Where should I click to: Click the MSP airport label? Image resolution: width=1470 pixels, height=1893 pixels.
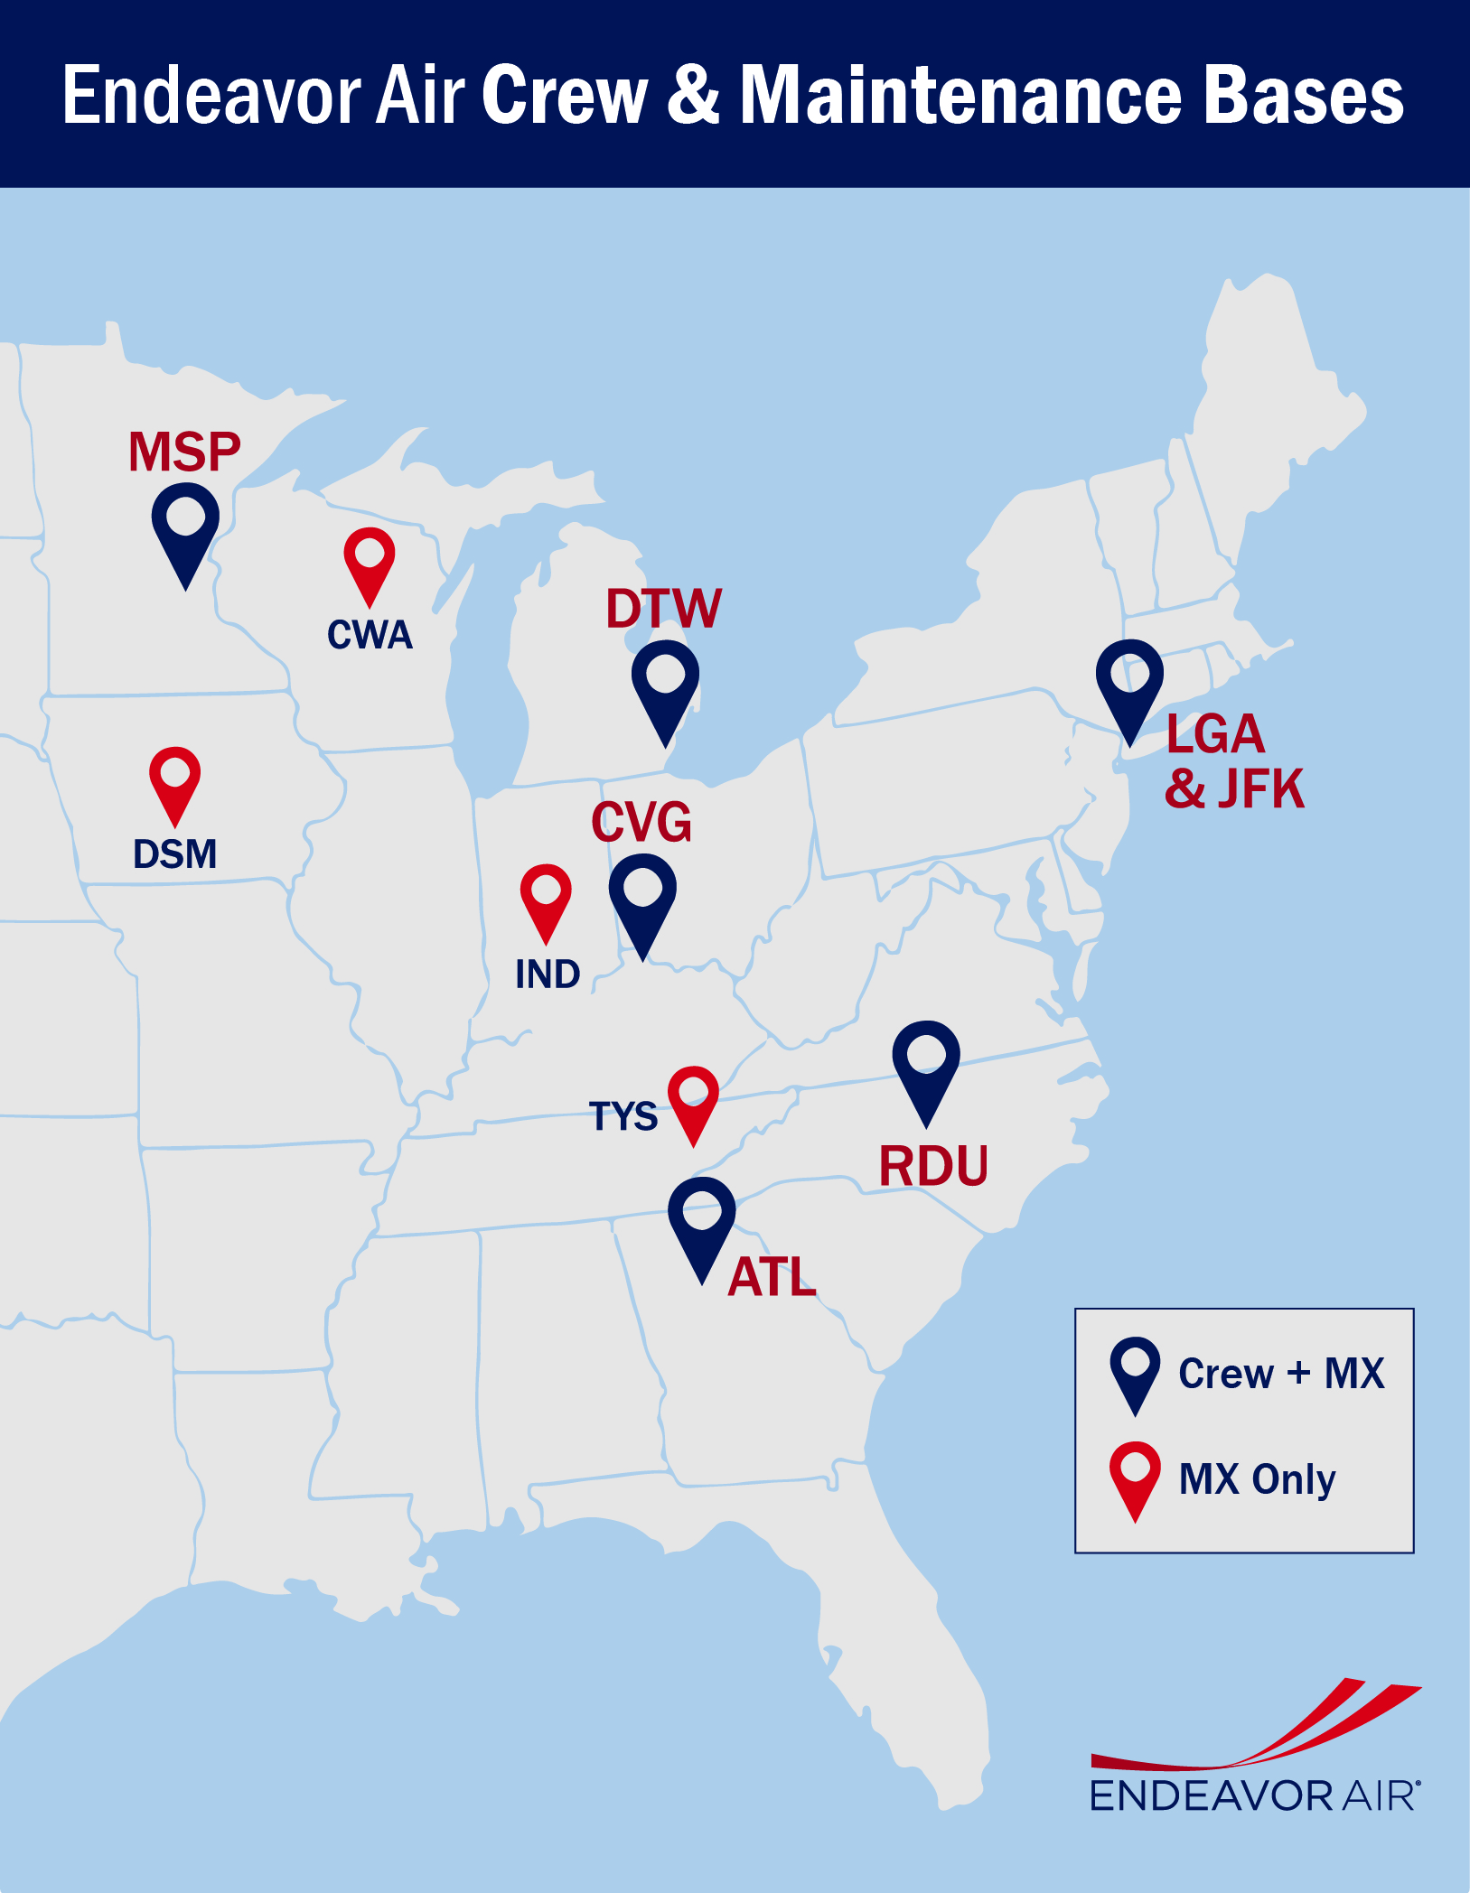click(x=184, y=452)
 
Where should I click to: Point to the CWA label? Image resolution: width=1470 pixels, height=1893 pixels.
click(x=370, y=635)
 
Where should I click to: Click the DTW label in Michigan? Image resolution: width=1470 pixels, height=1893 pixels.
click(x=664, y=609)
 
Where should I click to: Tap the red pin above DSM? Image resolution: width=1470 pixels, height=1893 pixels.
click(x=174, y=778)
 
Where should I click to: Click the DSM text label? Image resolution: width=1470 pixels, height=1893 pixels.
click(x=175, y=854)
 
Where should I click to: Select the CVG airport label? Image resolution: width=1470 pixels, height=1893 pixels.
click(x=641, y=823)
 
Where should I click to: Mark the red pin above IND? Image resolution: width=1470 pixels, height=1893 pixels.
click(x=546, y=895)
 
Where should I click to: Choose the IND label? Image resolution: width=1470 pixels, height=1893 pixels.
click(x=548, y=974)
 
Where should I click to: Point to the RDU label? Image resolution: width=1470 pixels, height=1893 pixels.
click(x=933, y=1166)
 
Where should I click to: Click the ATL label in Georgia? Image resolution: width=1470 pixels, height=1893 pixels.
click(x=772, y=1277)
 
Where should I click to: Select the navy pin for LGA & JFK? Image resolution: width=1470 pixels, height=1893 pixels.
click(x=1129, y=682)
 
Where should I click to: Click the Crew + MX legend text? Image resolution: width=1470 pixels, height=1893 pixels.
click(x=1281, y=1374)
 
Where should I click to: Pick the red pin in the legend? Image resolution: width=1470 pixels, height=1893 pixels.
click(x=1135, y=1474)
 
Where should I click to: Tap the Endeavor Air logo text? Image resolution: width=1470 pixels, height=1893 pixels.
click(x=1255, y=1795)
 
